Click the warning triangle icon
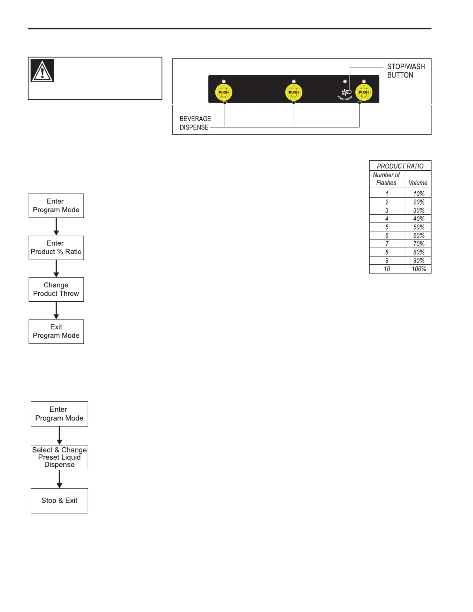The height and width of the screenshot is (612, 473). tap(42, 71)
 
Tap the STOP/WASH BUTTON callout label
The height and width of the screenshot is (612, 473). tap(406, 71)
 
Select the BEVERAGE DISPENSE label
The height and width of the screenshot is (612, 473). tap(195, 123)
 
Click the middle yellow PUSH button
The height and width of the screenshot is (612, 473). tap(294, 92)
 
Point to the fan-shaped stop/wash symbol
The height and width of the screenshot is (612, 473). tap(345, 92)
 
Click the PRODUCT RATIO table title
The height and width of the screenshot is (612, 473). tap(400, 166)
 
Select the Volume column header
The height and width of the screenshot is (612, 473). tap(418, 183)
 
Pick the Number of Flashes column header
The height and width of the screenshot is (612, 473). tap(386, 179)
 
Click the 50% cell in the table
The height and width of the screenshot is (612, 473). tap(419, 227)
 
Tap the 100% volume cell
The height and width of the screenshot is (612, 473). tap(419, 269)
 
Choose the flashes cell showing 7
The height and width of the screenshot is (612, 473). tap(387, 244)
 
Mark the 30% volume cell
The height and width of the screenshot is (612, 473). tap(419, 210)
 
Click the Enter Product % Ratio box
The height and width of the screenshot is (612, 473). tap(56, 248)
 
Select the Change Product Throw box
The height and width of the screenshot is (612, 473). tap(56, 289)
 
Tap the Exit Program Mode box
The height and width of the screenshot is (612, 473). tap(56, 331)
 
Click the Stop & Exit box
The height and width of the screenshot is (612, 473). tap(59, 501)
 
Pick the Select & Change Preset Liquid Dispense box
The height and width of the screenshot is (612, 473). tap(59, 457)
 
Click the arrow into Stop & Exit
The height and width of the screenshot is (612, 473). tap(59, 479)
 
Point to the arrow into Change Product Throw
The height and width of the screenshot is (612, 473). tap(56, 269)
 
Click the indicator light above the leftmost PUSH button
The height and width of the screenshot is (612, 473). tap(223, 82)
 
